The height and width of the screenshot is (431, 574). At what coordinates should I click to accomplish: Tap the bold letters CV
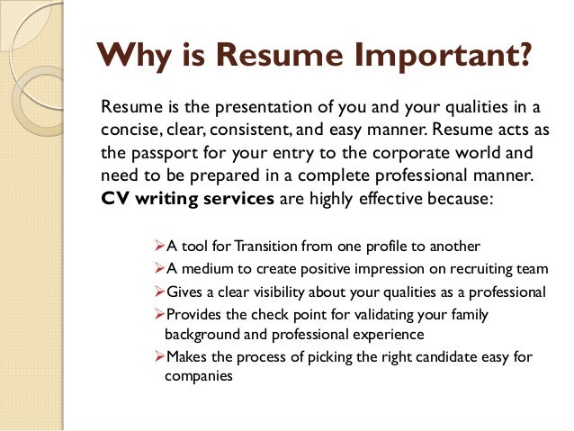click(x=114, y=199)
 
